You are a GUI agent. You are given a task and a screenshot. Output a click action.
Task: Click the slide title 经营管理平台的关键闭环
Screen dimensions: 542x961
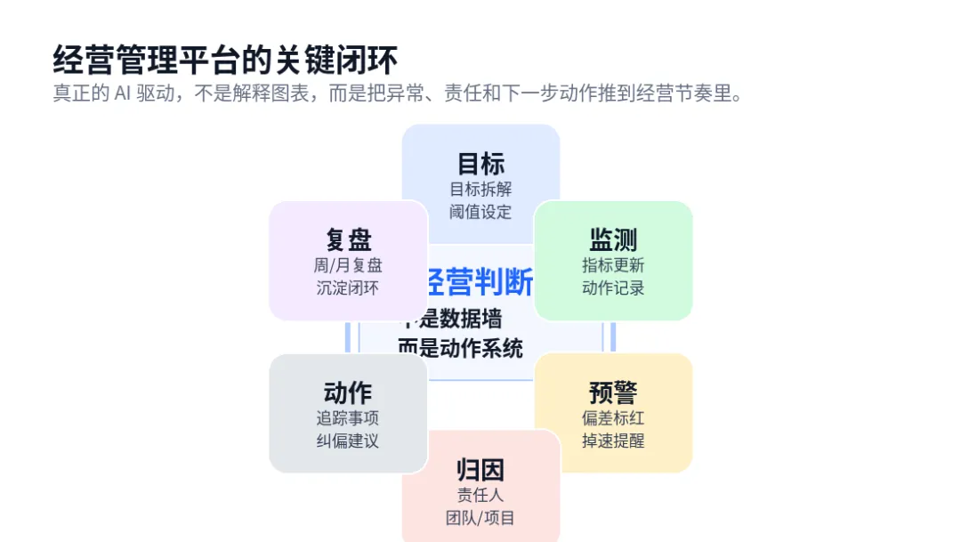[x=225, y=60]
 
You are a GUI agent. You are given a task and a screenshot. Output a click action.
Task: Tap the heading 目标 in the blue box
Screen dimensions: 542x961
[x=480, y=164]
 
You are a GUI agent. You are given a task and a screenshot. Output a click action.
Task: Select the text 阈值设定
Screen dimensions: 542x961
[x=480, y=212]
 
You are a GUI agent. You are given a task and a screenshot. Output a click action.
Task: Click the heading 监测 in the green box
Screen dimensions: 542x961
[x=613, y=239]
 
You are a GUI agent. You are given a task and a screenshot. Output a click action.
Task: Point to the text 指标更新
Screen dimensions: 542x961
[x=613, y=265]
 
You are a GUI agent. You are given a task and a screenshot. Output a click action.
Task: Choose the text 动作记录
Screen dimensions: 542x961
[x=613, y=288]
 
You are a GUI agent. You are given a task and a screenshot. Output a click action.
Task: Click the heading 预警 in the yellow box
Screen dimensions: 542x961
[x=613, y=392]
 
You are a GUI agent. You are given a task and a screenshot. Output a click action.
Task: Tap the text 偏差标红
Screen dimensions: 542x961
[x=613, y=417]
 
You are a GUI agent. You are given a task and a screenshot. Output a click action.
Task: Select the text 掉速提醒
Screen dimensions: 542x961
[x=613, y=441]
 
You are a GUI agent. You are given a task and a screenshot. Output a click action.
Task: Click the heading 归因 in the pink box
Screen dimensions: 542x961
[x=480, y=470]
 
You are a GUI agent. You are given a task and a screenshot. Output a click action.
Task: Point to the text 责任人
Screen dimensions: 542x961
[x=480, y=495]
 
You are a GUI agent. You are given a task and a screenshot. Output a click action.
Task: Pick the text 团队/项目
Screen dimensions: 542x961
[x=480, y=518]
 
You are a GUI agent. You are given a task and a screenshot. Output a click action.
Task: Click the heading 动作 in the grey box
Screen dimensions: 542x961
[x=348, y=392]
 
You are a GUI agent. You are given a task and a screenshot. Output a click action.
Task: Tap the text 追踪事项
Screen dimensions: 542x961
[x=348, y=417]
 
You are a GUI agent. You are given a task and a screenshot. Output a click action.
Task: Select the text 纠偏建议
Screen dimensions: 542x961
[x=348, y=441]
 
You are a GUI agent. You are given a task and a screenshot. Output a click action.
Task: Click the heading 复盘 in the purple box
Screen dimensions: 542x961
[x=348, y=239]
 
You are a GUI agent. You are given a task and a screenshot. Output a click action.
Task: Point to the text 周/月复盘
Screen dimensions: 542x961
[x=348, y=265]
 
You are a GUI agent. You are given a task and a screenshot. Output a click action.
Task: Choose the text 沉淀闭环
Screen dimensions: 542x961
[x=348, y=288]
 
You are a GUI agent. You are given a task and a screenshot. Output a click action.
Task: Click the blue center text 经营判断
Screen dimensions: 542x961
[x=480, y=282]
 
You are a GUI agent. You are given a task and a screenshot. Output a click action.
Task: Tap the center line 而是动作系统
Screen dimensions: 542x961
[x=461, y=349]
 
